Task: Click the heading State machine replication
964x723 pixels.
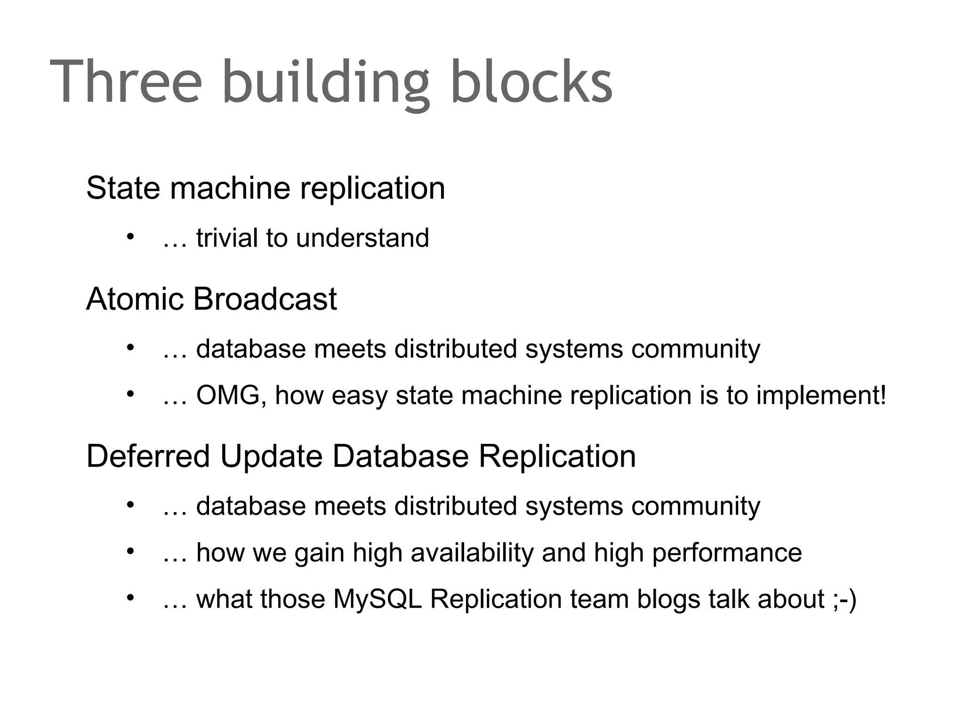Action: pyautogui.click(x=265, y=188)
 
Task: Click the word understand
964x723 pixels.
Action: pyautogui.click(x=362, y=238)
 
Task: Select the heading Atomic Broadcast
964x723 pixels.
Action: pyautogui.click(x=211, y=299)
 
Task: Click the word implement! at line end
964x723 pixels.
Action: pyautogui.click(x=821, y=395)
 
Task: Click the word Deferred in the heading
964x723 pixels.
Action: pyautogui.click(x=148, y=456)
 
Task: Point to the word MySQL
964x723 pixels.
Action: pyautogui.click(x=378, y=600)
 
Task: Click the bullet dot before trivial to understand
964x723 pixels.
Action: pyautogui.click(x=130, y=236)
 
